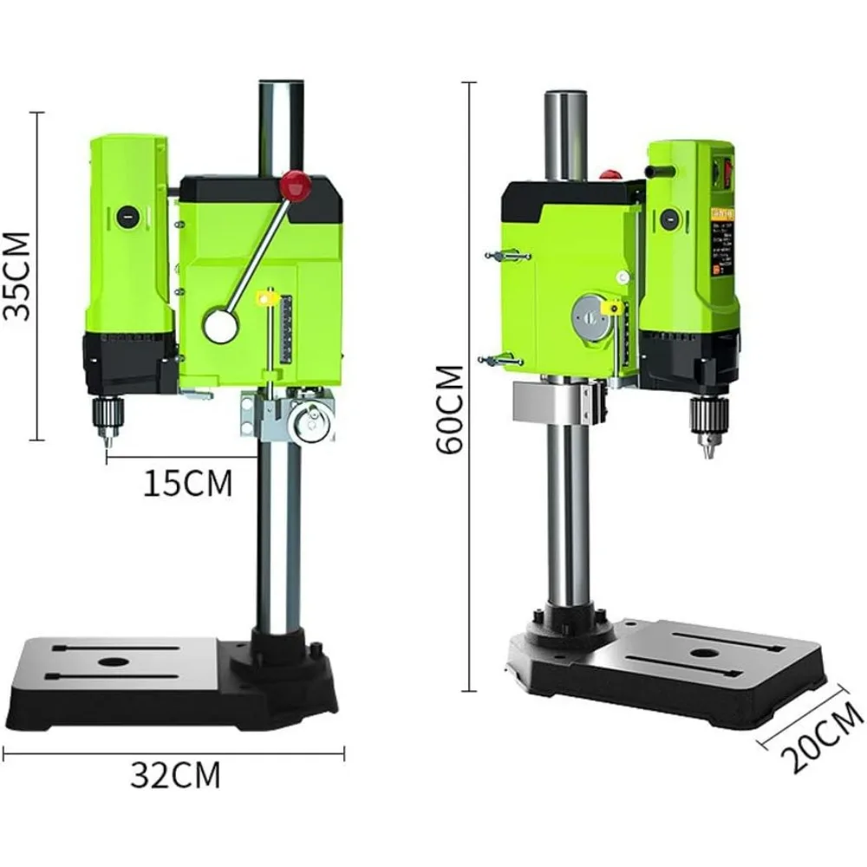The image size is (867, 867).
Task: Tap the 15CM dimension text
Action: (187, 483)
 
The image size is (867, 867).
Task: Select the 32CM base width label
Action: (175, 774)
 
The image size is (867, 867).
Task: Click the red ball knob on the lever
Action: (295, 184)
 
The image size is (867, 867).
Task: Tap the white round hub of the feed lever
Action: (220, 325)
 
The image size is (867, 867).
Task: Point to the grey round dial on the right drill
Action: (590, 316)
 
